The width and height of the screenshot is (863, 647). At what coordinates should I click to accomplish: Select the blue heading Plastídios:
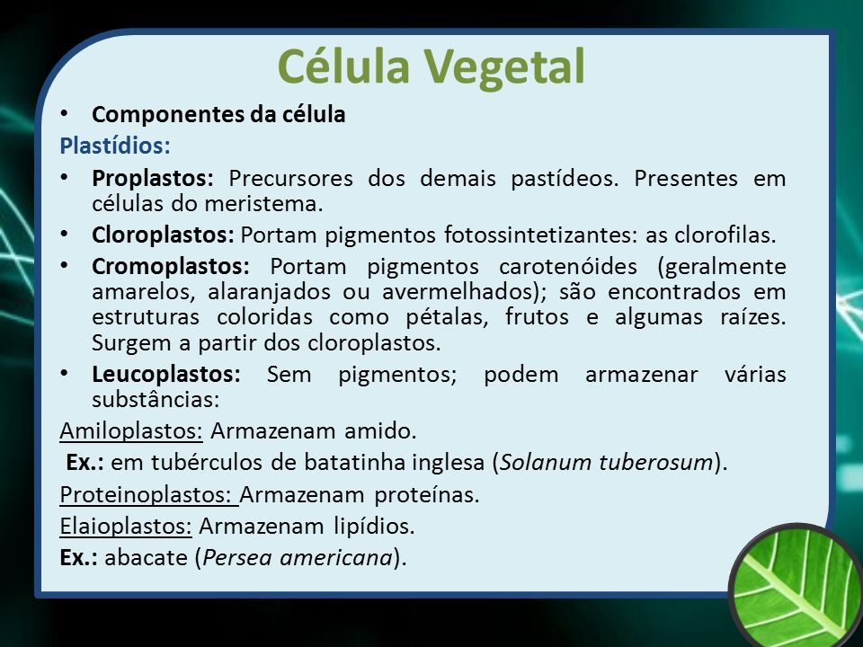tap(115, 146)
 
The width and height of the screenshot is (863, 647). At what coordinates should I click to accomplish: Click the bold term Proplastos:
tap(153, 179)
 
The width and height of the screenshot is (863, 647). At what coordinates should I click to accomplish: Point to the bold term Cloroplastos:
tap(163, 235)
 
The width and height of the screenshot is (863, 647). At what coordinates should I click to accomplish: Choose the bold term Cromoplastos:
tap(171, 266)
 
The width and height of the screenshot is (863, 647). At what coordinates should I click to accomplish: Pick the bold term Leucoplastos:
tap(166, 374)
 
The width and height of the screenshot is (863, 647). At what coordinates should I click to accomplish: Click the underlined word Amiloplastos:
tap(131, 430)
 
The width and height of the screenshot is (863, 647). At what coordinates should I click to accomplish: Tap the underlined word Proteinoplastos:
tap(149, 494)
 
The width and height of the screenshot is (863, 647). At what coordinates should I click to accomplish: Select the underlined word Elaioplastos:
tap(126, 526)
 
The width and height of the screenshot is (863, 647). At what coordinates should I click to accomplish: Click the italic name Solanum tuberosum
tap(607, 462)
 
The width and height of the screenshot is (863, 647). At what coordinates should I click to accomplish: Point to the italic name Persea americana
tap(298, 557)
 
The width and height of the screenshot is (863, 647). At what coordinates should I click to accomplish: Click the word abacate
tap(146, 558)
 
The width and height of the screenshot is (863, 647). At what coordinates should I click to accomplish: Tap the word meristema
tap(263, 204)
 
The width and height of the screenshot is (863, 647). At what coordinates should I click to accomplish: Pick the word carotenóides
tap(568, 266)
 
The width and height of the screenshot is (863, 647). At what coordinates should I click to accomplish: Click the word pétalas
tap(447, 317)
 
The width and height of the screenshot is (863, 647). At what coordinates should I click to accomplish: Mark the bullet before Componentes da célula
tap(65, 114)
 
